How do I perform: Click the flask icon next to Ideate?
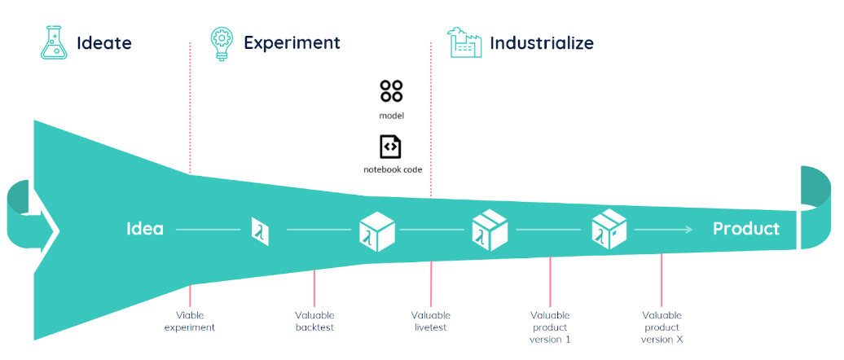54,42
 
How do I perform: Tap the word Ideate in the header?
104,42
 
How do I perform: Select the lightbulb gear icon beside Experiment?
220,42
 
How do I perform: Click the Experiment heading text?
292,42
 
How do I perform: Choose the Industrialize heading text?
541,42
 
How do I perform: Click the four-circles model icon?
391,91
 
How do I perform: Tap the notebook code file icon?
391,147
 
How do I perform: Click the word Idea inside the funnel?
145,230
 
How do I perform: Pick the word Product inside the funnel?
745,230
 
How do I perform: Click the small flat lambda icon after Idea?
260,231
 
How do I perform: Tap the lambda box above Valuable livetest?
377,231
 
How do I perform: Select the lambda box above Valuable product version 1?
490,231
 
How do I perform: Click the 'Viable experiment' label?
190,321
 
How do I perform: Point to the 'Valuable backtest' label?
314,321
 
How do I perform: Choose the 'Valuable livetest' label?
430,321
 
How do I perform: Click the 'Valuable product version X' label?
662,327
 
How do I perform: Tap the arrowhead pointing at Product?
689,230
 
